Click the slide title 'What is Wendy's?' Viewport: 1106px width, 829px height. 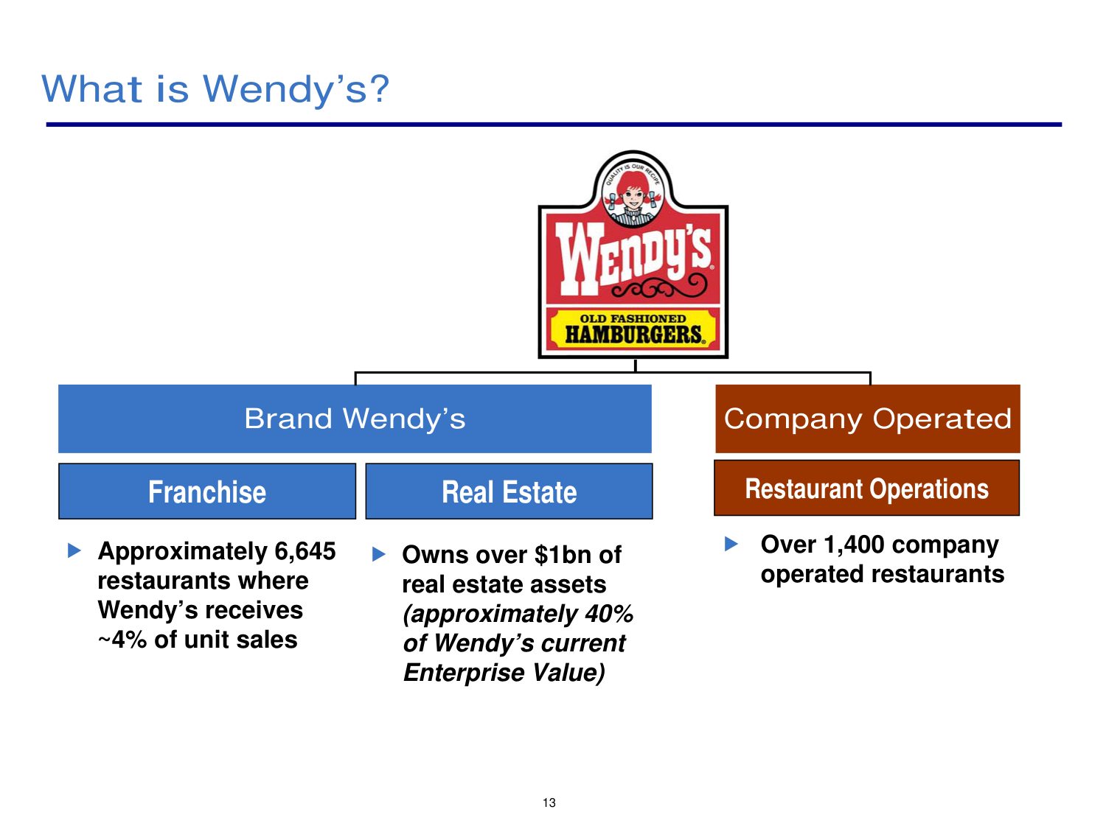click(215, 90)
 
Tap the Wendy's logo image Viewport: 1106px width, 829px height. click(633, 255)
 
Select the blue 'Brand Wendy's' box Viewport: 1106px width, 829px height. click(355, 419)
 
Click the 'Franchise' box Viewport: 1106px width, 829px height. click(207, 492)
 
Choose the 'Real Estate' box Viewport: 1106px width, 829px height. click(509, 492)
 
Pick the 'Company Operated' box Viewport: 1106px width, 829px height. click(868, 419)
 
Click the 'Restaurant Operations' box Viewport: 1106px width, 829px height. click(866, 488)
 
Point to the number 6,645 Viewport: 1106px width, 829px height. click(305, 551)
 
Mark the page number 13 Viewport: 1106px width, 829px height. click(549, 802)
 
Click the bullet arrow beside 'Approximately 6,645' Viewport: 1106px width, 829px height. click(74, 550)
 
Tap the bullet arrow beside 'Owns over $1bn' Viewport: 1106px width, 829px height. click(378, 555)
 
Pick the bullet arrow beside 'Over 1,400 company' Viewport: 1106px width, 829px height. click(731, 544)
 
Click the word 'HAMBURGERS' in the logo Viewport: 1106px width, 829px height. click(633, 335)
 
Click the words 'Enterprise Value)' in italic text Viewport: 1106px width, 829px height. click(504, 673)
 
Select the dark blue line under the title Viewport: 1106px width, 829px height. click(554, 125)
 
